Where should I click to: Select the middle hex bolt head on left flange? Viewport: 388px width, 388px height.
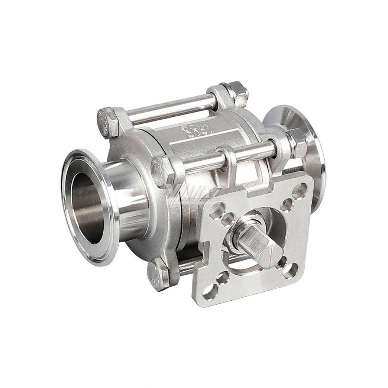161,171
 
